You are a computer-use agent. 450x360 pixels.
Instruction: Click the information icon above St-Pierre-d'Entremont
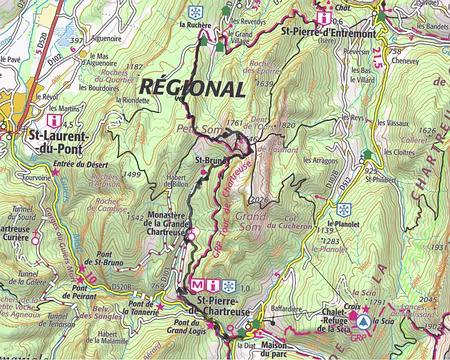[x=323, y=17]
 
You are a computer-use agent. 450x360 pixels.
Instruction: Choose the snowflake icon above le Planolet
[x=344, y=210]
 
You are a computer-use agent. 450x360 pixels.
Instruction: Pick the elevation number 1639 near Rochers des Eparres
[x=265, y=83]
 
